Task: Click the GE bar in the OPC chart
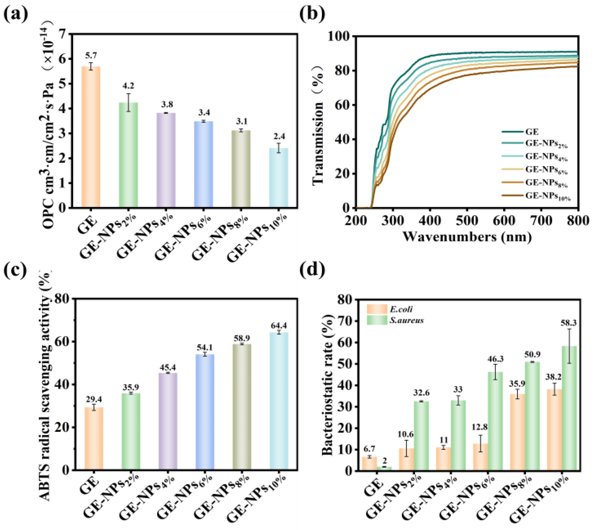[91, 137]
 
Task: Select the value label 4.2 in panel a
[128, 86]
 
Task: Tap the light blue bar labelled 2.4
[279, 178]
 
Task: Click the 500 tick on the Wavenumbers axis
[467, 221]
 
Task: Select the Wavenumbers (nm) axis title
[467, 236]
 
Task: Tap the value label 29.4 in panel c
[94, 399]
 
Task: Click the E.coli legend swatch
[377, 309]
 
